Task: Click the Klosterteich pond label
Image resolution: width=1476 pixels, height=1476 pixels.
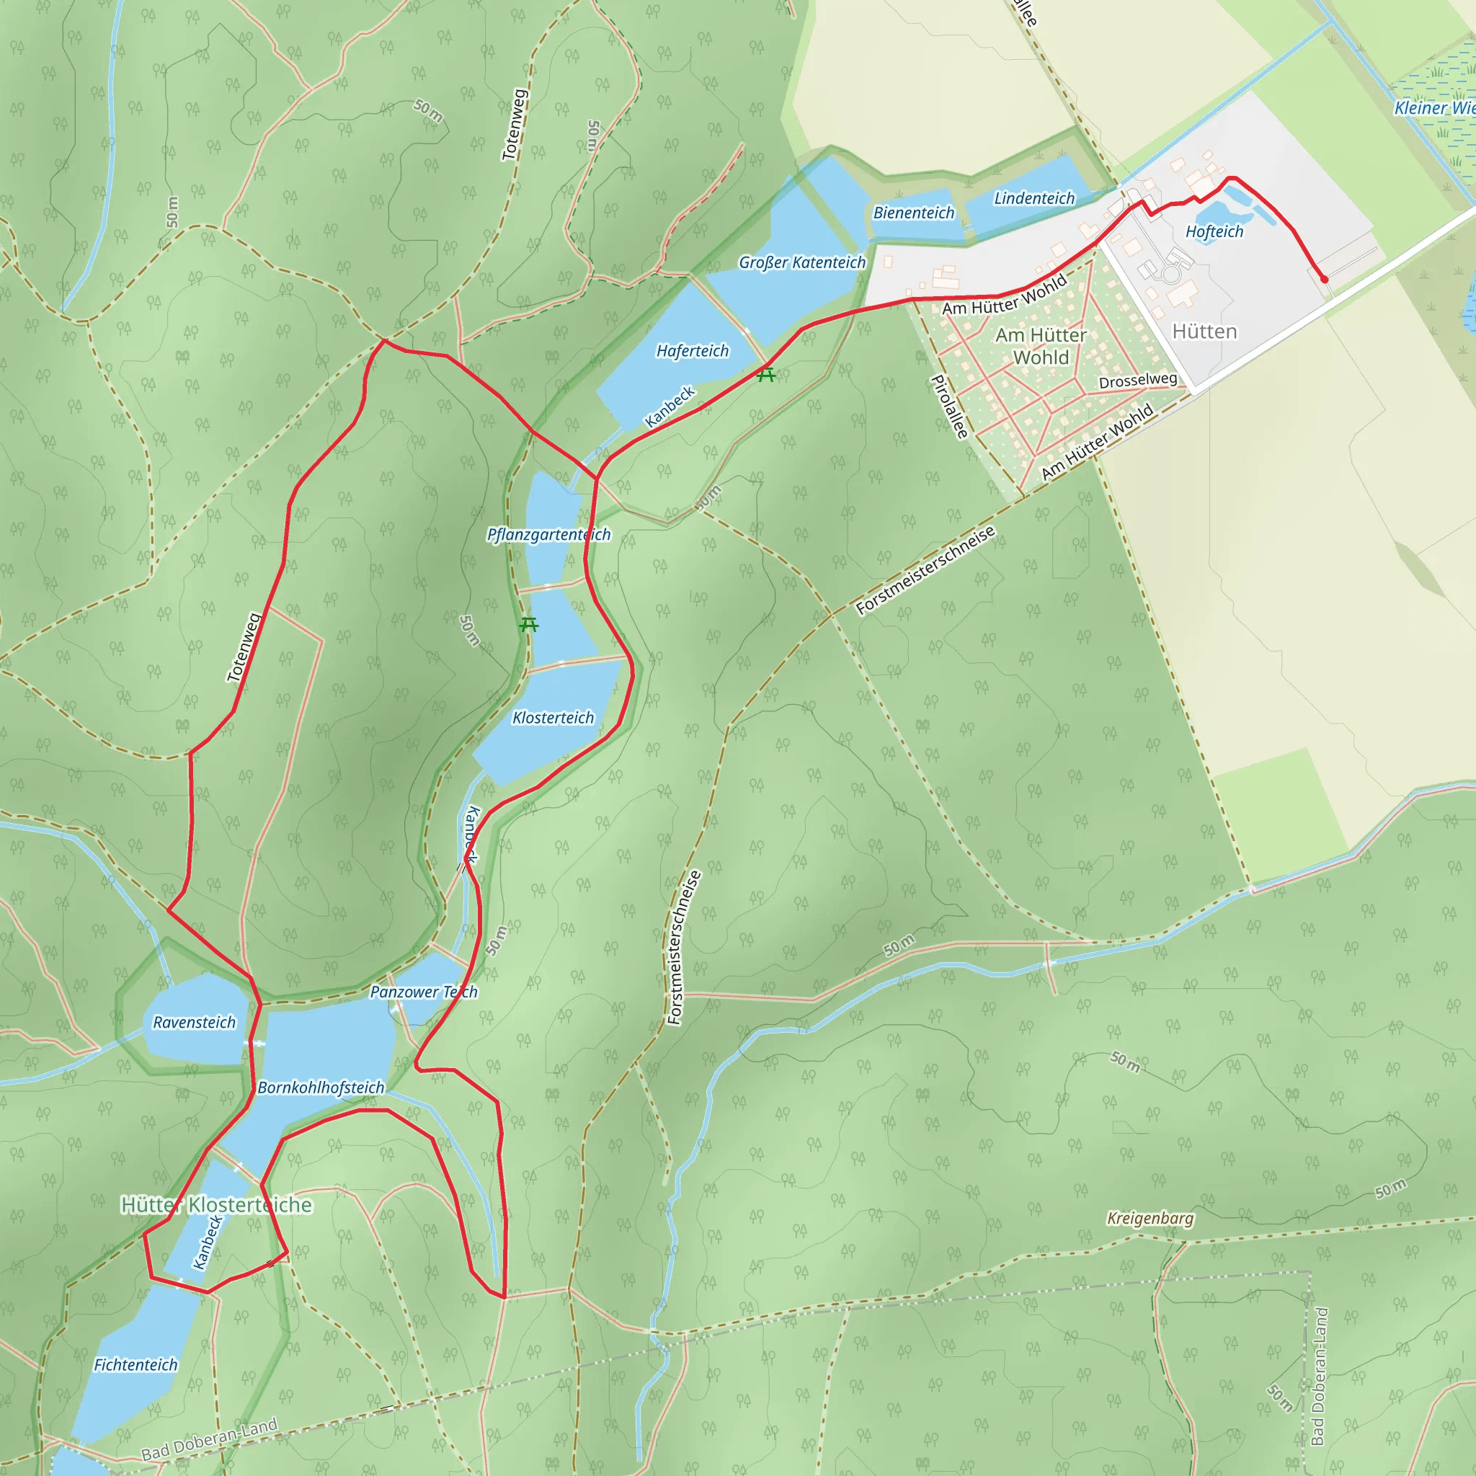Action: pos(552,717)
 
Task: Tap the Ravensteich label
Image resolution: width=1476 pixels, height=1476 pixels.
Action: pos(194,1022)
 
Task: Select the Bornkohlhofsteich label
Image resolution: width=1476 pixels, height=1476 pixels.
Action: pos(321,1087)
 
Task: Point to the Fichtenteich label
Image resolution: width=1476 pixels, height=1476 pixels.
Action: pos(135,1364)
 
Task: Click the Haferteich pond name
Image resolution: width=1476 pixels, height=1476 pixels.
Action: pos(692,351)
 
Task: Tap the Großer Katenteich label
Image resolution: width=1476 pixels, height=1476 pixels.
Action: pos(802,262)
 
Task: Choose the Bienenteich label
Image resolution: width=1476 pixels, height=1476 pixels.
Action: pos(914,213)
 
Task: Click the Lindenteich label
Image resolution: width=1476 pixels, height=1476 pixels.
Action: pos(1033,198)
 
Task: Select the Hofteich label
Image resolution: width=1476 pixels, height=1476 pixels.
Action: pos(1214,231)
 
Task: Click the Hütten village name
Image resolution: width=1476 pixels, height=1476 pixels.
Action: pos(1204,332)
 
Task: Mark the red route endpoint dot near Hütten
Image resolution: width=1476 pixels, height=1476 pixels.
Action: pos(1324,280)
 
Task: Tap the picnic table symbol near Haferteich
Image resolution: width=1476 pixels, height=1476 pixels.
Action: pos(766,374)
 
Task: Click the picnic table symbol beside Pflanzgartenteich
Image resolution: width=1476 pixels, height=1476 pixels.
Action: pos(528,625)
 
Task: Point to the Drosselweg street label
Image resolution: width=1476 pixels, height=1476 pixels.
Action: pos(1137,381)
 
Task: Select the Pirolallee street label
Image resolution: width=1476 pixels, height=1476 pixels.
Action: pos(950,406)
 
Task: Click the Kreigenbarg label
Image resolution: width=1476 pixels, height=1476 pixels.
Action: pos(1150,1218)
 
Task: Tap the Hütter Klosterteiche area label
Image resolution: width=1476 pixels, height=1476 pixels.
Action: pos(216,1205)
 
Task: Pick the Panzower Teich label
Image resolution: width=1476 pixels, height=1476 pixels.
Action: pos(423,992)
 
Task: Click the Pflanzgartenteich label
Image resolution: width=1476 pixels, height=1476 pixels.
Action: pos(548,534)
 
